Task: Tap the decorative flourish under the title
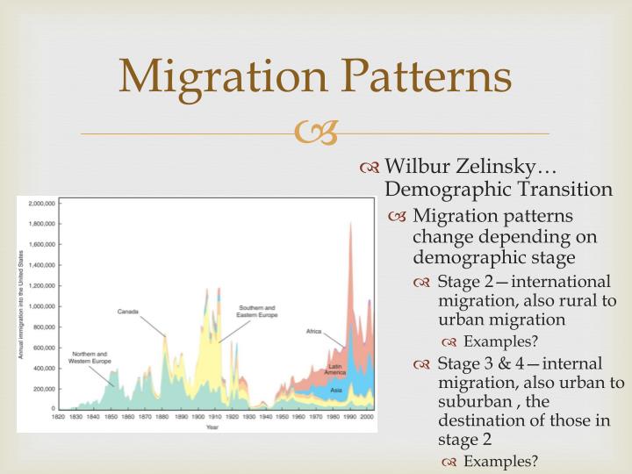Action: [x=315, y=133]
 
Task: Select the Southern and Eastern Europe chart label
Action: [x=258, y=312]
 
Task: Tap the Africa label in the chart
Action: [x=313, y=331]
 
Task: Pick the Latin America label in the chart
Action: [x=334, y=369]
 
